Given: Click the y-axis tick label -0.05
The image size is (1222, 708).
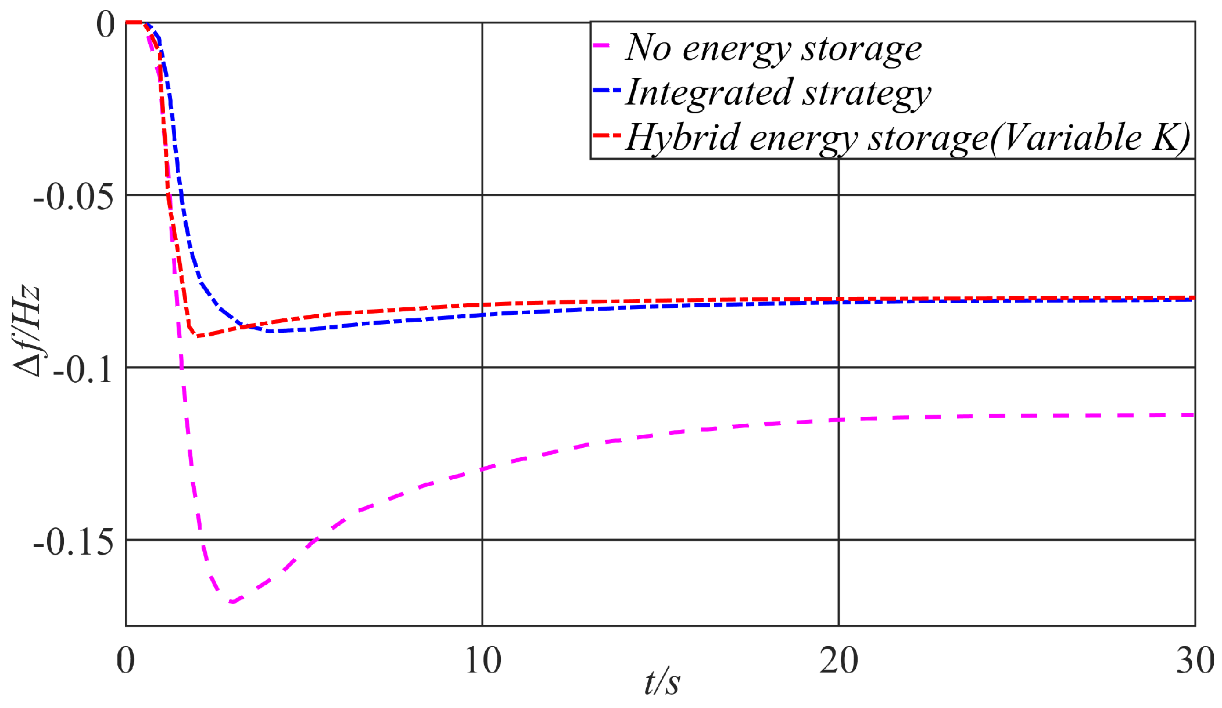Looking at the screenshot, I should [x=74, y=198].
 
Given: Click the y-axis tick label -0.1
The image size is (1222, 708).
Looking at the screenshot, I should [x=83, y=369].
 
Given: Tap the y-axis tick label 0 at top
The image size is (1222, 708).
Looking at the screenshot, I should [x=106, y=25].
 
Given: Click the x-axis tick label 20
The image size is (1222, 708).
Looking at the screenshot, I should [x=838, y=660].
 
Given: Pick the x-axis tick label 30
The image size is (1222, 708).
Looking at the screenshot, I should [x=1195, y=660].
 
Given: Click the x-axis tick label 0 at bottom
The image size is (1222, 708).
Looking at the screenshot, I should [x=126, y=660].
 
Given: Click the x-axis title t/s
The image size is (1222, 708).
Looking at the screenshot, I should [x=662, y=682].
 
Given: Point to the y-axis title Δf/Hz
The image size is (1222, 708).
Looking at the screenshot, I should [x=28, y=332].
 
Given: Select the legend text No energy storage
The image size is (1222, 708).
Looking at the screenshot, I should [x=773, y=48].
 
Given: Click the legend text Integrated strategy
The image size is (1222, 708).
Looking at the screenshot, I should [x=777, y=93].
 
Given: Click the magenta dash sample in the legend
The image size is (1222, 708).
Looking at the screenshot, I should [x=603, y=45].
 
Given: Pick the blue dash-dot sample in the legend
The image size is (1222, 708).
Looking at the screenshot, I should [x=607, y=90].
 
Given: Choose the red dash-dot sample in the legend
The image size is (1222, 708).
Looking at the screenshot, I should [x=607, y=135].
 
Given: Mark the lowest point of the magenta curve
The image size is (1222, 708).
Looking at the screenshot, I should [x=232, y=602].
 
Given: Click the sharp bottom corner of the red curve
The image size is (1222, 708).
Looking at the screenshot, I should [x=196, y=336].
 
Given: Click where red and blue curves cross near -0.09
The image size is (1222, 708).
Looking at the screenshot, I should [x=247, y=326].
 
